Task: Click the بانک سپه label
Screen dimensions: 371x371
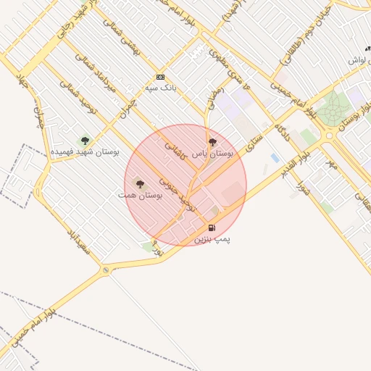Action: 162,87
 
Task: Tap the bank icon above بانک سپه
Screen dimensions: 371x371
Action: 160,77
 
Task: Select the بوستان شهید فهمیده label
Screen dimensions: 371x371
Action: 84,152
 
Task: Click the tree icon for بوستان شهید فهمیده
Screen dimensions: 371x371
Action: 85,141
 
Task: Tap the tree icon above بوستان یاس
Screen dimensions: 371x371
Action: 212,143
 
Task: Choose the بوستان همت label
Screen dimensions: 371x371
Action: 141,195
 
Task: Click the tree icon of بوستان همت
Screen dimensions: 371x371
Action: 140,185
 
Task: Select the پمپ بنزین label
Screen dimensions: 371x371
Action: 212,238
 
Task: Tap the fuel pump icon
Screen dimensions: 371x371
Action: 212,228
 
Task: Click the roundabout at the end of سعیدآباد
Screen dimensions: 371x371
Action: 107,270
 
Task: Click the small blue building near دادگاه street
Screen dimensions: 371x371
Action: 274,157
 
